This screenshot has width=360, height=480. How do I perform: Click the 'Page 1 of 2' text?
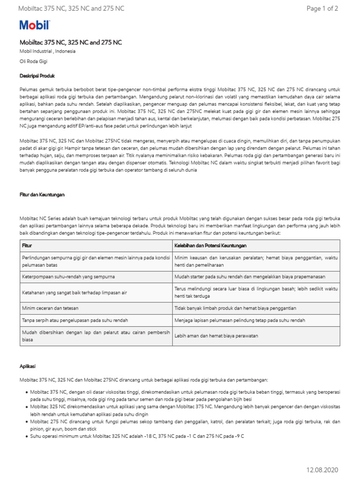tap(322, 8)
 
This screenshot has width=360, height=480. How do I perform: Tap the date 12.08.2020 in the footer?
tap(322, 470)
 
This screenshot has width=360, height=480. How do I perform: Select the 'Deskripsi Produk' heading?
tap(37, 75)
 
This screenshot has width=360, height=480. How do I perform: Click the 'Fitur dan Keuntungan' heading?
tap(42, 194)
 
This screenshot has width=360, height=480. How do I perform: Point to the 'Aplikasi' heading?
tap(28, 366)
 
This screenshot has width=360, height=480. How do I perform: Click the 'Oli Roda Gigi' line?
tap(33, 61)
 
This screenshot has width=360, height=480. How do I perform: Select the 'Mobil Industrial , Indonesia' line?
tap(47, 52)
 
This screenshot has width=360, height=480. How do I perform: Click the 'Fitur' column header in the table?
tap(27, 246)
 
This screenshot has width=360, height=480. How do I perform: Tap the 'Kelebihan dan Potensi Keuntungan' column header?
tap(210, 246)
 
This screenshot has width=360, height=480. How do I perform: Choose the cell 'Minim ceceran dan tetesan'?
tap(50, 308)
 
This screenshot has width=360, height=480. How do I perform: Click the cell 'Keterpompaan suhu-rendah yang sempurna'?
tap(68, 277)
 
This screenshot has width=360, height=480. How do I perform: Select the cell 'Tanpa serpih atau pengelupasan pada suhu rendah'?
tap(75, 320)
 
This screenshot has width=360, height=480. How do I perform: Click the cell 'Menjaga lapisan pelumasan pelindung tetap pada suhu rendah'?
tap(240, 320)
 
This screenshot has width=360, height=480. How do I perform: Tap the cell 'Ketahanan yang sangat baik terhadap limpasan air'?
tap(75, 292)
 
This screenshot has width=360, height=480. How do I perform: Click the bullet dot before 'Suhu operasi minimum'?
tap(25, 436)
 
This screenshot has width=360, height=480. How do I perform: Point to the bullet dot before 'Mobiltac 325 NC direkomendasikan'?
tap(25, 406)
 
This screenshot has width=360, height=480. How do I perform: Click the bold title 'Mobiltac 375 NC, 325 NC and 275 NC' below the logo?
tap(71, 42)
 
